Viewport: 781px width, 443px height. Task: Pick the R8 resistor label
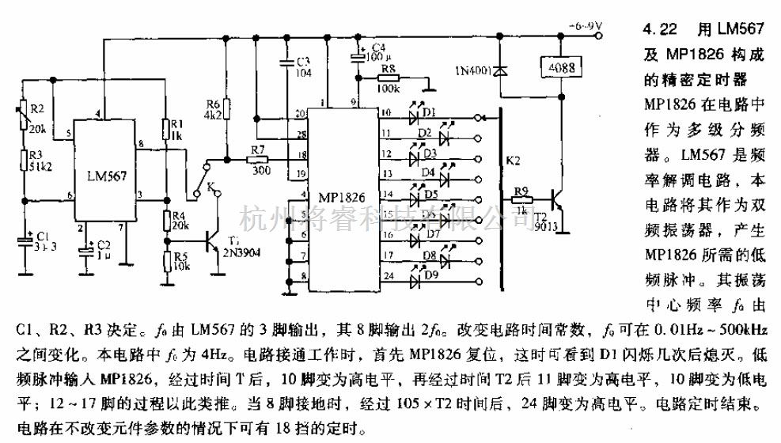[388, 69]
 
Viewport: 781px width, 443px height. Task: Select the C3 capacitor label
[301, 61]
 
